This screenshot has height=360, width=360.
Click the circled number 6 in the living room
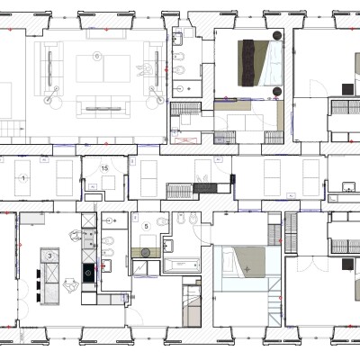pyautogui.click(x=96, y=56)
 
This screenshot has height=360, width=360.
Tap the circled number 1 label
pyautogui.click(x=23, y=178)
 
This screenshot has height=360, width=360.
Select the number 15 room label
pyautogui.click(x=104, y=168)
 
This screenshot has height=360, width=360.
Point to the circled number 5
pyautogui.click(x=146, y=226)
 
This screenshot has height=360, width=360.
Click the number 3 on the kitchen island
pyautogui.click(x=49, y=256)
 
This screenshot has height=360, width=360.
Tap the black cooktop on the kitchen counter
pyautogui.click(x=88, y=273)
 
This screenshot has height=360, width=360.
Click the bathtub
pyautogui.click(x=182, y=265)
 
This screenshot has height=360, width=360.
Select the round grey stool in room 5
pyautogui.click(x=146, y=253)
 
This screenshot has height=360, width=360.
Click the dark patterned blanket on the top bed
pyautogui.click(x=248, y=63)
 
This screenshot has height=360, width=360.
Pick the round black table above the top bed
pyautogui.click(x=277, y=35)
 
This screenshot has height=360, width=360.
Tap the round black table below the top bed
pyautogui.click(x=277, y=92)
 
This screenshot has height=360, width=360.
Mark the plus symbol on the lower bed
pyautogui.click(x=247, y=269)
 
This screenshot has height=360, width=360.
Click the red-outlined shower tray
pyautogui.click(x=184, y=140)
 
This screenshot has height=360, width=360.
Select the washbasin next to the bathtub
pyautogui.click(x=168, y=247)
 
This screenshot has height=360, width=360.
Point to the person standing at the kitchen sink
pyautogui.click(x=75, y=236)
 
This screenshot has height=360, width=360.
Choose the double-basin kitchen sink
pyautogui.click(x=88, y=238)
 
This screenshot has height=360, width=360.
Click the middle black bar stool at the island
pyautogui.click(x=40, y=285)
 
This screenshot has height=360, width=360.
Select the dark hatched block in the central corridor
pyautogui.click(x=205, y=188)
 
